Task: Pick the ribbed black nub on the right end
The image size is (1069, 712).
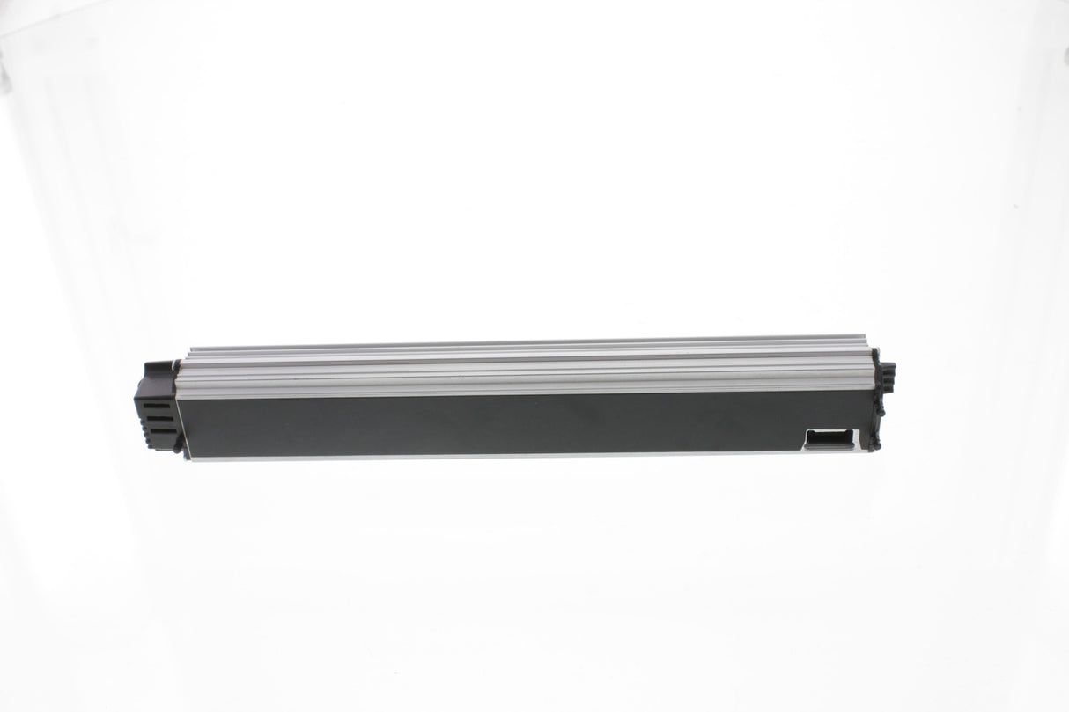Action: coord(888,378)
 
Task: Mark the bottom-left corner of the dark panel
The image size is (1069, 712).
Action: coord(181,456)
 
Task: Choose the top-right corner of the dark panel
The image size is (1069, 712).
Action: coord(872,393)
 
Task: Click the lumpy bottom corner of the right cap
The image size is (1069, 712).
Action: coord(875,440)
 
